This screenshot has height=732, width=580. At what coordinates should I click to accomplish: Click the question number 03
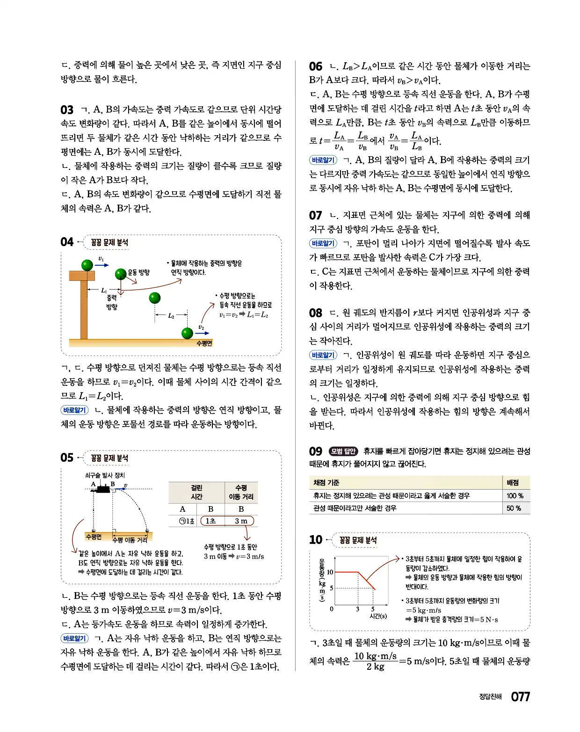click(67, 110)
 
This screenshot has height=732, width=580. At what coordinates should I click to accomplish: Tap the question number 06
click(316, 66)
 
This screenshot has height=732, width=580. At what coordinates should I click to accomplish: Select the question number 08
click(316, 313)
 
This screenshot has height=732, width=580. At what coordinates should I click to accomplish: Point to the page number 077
click(520, 697)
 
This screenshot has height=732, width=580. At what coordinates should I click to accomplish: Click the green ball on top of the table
click(87, 265)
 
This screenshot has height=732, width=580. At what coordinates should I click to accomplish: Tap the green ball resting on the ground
click(187, 333)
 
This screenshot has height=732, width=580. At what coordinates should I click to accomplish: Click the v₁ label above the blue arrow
click(101, 259)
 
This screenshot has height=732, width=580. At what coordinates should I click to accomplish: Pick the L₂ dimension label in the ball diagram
click(171, 316)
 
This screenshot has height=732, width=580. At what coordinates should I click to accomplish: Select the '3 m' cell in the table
click(241, 521)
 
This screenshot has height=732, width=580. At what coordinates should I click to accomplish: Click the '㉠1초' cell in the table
click(187, 521)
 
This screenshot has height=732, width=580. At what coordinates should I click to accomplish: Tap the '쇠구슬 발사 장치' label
click(105, 475)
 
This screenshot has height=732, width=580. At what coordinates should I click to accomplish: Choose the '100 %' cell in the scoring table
click(515, 496)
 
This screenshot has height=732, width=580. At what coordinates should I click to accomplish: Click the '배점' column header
click(513, 483)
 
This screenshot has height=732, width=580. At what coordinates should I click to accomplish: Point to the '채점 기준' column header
click(326, 483)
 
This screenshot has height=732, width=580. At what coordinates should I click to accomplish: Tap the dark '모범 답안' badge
click(343, 451)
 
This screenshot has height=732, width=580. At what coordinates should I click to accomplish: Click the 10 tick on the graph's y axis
click(330, 572)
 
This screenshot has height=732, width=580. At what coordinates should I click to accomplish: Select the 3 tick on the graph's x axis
click(357, 609)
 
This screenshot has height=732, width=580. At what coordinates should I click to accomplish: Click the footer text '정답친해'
click(490, 697)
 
